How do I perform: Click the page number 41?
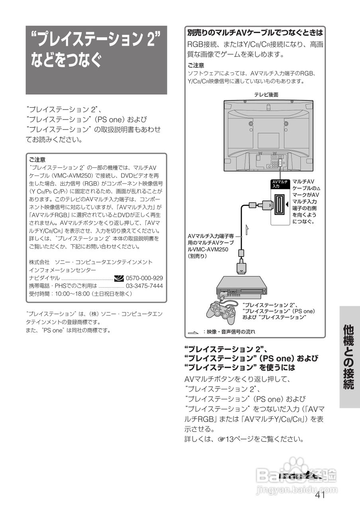[x=320, y=495]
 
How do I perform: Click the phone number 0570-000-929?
[x=144, y=278]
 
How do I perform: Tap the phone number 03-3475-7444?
[x=144, y=286]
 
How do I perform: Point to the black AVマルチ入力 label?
[x=280, y=184]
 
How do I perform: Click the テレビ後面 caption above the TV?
[x=266, y=94]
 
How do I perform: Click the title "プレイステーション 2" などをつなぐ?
[x=96, y=50]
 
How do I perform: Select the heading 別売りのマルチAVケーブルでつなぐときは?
[x=255, y=32]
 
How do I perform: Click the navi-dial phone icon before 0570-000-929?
[x=119, y=278]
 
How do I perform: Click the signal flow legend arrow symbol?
[x=194, y=332]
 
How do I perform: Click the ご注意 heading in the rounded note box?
[x=37, y=159]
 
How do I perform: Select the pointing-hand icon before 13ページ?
[x=221, y=440]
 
